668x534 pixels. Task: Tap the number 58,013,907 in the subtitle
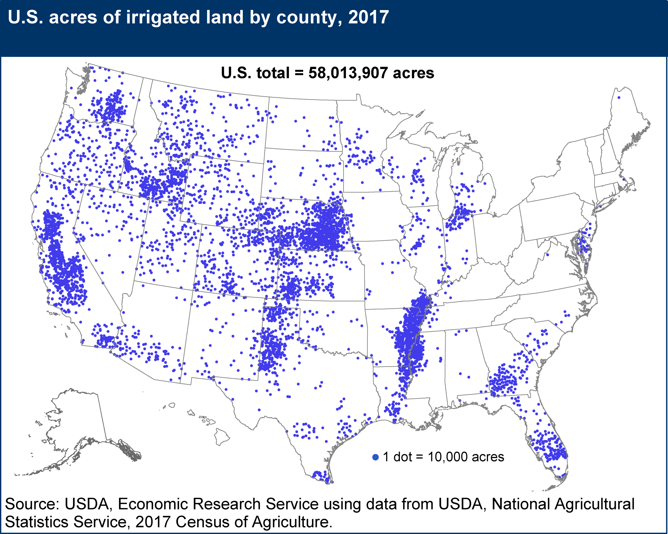point(348,73)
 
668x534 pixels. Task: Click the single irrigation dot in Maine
point(619,98)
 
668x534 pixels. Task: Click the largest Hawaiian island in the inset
point(222,436)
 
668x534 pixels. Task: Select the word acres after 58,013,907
point(413,73)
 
